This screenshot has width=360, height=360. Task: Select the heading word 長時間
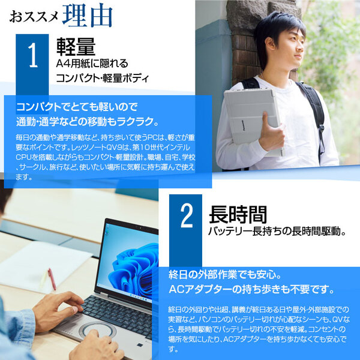coord(237,214)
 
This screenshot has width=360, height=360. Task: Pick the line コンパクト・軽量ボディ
coord(102,78)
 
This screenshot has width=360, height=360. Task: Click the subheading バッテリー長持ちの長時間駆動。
coord(275,231)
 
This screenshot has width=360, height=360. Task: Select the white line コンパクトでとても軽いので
coord(77,107)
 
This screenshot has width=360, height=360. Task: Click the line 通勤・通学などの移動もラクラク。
coord(88,122)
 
